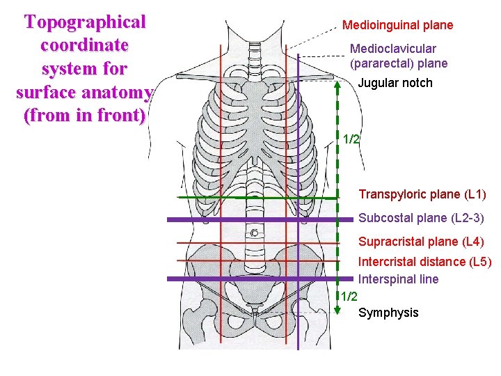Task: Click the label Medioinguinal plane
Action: (x=397, y=25)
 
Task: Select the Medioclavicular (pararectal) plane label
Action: (x=399, y=56)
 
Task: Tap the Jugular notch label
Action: (x=395, y=83)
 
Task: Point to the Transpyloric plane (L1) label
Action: (x=422, y=194)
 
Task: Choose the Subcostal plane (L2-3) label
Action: (x=421, y=218)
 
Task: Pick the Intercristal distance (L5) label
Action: (x=424, y=262)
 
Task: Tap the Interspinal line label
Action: (x=398, y=279)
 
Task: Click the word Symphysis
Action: (x=388, y=313)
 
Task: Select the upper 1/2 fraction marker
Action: (x=351, y=139)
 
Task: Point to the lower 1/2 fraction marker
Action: (x=349, y=297)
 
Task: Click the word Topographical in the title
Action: (x=85, y=22)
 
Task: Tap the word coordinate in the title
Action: (x=85, y=45)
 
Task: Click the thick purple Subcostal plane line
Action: (x=209, y=219)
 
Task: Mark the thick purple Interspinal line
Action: (x=209, y=279)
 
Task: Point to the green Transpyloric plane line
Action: (x=209, y=197)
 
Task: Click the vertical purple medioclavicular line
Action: (x=298, y=174)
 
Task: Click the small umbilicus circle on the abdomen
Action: (x=255, y=232)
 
